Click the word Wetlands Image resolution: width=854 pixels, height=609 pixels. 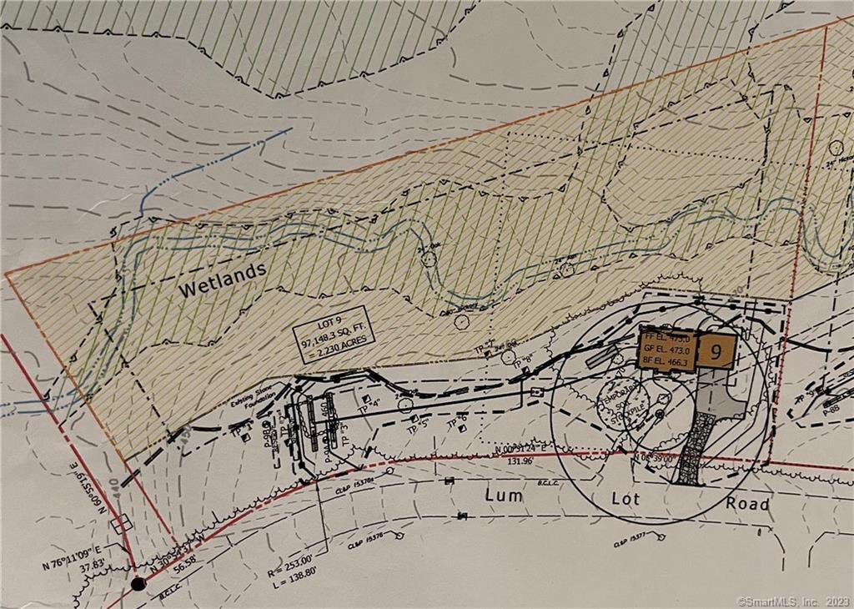[222, 279]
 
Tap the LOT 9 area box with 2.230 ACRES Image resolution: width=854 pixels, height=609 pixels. [334, 337]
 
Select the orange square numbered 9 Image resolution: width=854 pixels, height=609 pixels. [716, 351]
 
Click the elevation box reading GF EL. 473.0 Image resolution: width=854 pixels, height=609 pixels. [667, 351]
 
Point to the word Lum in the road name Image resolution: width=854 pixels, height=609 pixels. [504, 496]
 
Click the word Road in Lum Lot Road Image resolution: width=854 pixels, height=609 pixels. [747, 504]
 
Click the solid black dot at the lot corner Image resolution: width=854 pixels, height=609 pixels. [138, 583]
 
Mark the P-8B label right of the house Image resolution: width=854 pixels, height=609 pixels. [829, 410]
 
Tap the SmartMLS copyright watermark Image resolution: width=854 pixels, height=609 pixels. [791, 600]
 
